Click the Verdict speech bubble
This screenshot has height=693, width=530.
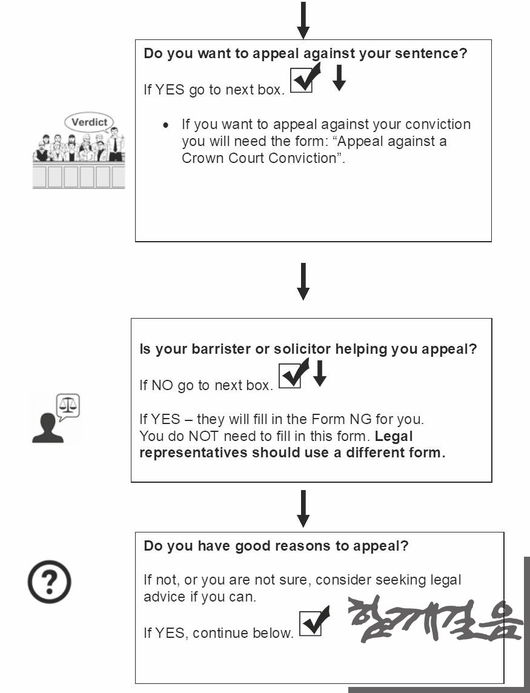pyautogui.click(x=89, y=122)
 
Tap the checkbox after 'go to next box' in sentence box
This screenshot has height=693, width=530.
pyautogui.click(x=302, y=81)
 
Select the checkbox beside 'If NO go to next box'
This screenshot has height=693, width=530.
pyautogui.click(x=290, y=376)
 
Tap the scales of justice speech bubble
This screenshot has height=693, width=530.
pyautogui.click(x=68, y=406)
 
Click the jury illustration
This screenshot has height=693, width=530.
pyautogui.click(x=79, y=150)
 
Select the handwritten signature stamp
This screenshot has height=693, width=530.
pyautogui.click(x=436, y=619)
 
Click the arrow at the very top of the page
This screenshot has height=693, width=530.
pyautogui.click(x=303, y=21)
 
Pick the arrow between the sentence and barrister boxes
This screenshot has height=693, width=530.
pyautogui.click(x=303, y=282)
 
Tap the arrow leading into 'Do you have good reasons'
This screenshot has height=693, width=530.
pyautogui.click(x=303, y=509)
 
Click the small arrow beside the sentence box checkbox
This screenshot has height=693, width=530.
pyautogui.click(x=339, y=78)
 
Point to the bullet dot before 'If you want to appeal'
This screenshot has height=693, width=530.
pyautogui.click(x=166, y=125)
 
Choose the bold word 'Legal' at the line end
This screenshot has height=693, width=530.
pyautogui.click(x=393, y=437)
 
